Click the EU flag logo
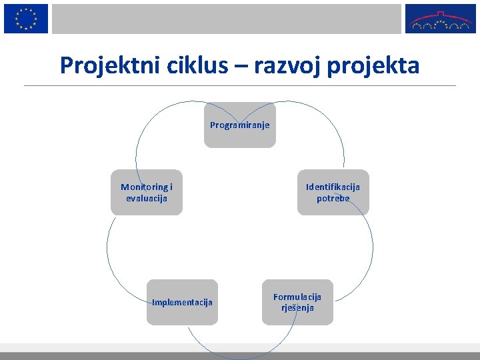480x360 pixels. (26, 18)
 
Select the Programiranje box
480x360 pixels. (240, 125)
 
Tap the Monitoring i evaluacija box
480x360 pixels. (147, 193)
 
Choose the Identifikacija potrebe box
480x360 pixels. (333, 193)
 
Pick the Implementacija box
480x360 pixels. (182, 302)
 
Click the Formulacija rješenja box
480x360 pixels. (297, 302)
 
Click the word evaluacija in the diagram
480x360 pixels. (147, 198)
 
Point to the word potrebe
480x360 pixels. (333, 198)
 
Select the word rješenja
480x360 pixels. (297, 308)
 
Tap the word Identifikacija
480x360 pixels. (333, 187)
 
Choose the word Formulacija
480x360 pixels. (297, 297)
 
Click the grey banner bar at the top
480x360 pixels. (227, 19)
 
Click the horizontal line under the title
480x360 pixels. (240, 85)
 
